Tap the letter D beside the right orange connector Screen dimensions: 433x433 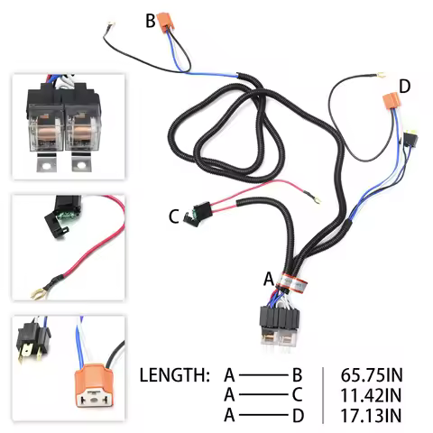pos(405,87)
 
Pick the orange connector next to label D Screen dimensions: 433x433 pos(391,106)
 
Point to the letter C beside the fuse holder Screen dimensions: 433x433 pos(173,216)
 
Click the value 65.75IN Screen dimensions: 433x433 pos(373,373)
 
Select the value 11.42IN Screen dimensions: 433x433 pos(373,393)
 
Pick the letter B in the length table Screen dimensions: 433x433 pos(296,373)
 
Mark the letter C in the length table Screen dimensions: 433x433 pos(296,393)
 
